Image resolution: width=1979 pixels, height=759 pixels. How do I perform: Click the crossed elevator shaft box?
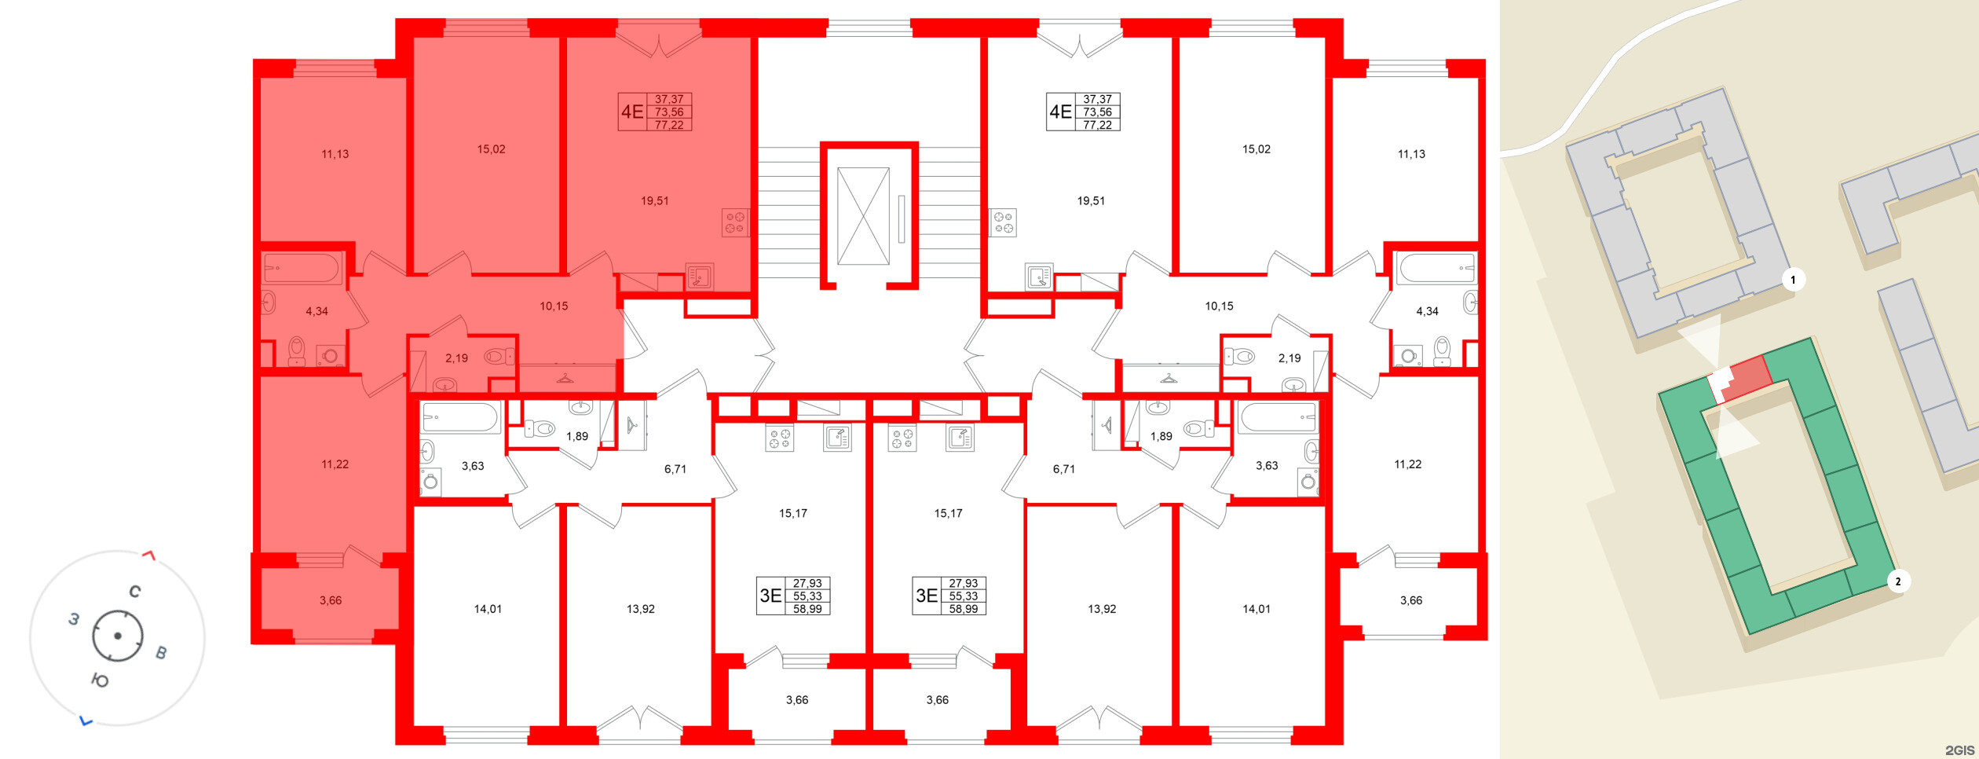[x=863, y=216]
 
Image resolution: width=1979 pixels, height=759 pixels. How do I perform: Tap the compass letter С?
[x=135, y=592]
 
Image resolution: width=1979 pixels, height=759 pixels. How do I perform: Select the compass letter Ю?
[x=100, y=680]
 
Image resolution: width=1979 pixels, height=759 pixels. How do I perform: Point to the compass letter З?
[x=74, y=619]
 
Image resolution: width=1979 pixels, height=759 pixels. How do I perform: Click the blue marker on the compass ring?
[x=86, y=720]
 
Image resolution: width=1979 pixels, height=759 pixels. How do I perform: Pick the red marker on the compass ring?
[x=148, y=555]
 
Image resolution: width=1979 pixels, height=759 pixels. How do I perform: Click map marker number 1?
[x=1793, y=280]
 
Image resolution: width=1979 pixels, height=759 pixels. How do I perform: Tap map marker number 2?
[x=1898, y=581]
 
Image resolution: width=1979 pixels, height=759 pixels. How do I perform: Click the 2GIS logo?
[x=1959, y=750]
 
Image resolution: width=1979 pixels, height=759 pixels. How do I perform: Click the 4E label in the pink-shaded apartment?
[x=632, y=112]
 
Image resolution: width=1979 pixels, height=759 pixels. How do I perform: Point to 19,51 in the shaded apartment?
[x=654, y=201]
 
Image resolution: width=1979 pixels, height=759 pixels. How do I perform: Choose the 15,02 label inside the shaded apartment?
[x=491, y=149]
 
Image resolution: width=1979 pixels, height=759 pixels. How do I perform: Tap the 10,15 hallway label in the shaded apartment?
[x=554, y=306]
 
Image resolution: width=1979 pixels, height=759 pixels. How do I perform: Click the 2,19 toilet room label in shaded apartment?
[x=456, y=358]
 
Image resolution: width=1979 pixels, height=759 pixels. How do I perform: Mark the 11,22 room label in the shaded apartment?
[x=335, y=464]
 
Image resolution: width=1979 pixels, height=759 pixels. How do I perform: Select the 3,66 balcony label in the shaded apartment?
[x=331, y=600]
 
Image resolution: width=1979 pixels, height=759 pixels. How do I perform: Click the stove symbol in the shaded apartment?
[x=734, y=222]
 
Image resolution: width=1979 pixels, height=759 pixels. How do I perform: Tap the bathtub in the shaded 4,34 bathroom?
[x=302, y=268]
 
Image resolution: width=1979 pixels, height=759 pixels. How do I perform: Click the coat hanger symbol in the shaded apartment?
[x=565, y=379]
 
